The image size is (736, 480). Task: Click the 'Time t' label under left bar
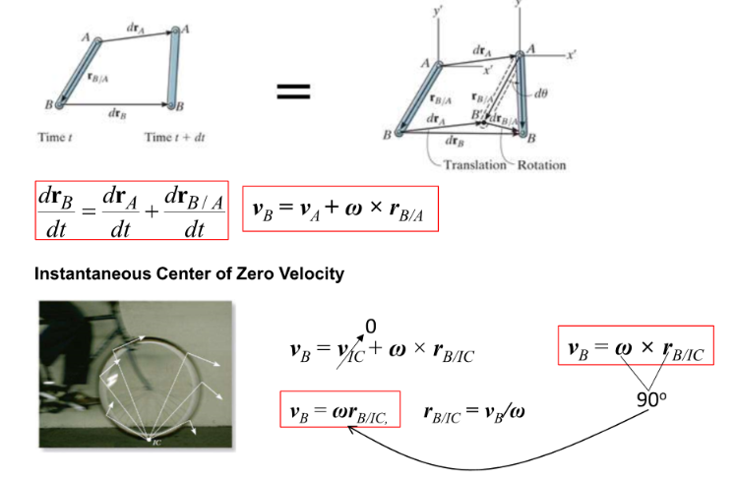pyautogui.click(x=56, y=137)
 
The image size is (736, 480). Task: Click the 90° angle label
pyautogui.click(x=648, y=400)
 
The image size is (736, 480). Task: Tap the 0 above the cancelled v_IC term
pyautogui.click(x=370, y=326)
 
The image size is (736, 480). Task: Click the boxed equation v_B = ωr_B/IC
pyautogui.click(x=338, y=410)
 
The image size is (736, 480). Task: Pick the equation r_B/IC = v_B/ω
pyautogui.click(x=473, y=410)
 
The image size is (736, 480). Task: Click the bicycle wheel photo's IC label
pyautogui.click(x=155, y=444)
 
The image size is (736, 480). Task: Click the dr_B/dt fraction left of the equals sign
pyautogui.click(x=58, y=210)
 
